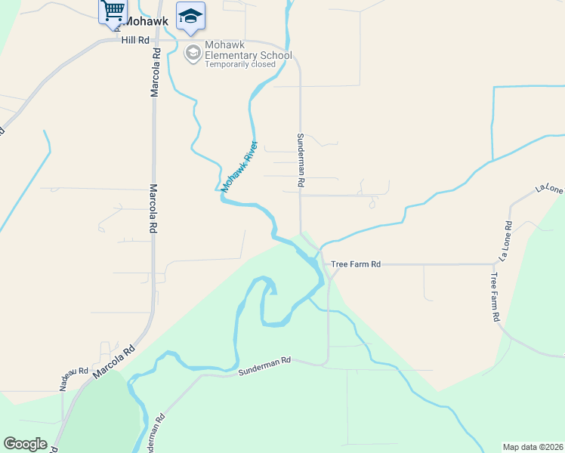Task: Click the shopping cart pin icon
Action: (x=113, y=11)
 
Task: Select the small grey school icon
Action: (x=193, y=53)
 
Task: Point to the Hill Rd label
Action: (x=135, y=39)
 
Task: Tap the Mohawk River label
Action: (x=240, y=165)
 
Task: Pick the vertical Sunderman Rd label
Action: (x=300, y=160)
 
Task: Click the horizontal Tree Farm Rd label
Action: (x=356, y=264)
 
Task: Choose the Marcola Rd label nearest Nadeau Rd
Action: (x=114, y=362)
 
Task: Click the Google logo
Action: (x=25, y=444)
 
